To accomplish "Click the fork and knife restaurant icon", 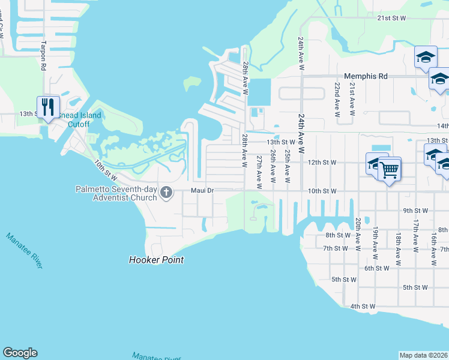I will click(x=48, y=107).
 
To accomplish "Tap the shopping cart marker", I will click(x=390, y=170).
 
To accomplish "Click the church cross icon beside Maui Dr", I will click(x=167, y=192).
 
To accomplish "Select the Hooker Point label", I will click(x=156, y=260).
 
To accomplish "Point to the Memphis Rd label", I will click(x=366, y=76).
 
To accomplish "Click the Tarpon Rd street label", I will click(x=43, y=56).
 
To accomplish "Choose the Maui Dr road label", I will click(x=202, y=191).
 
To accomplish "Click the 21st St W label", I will click(x=392, y=19).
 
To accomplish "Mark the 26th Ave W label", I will click(x=273, y=166).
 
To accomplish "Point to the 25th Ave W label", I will click(x=288, y=166).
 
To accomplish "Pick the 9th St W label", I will click(x=415, y=211).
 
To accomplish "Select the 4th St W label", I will click(x=363, y=306).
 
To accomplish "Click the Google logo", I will click(x=20, y=353).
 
